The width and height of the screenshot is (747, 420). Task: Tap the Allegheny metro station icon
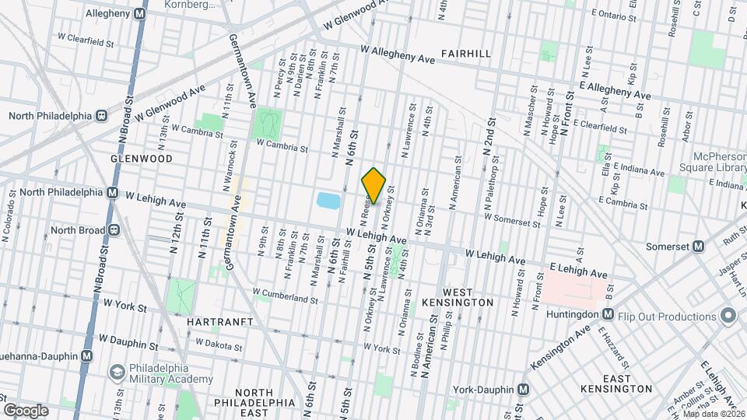[x=139, y=14]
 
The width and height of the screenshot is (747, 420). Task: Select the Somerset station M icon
[x=698, y=247]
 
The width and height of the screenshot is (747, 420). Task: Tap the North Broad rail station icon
[x=114, y=230]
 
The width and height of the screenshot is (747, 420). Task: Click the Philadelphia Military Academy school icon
[x=117, y=372]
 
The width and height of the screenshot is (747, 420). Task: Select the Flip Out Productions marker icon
[x=728, y=316]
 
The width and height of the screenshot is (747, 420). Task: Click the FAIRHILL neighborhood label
[x=465, y=54]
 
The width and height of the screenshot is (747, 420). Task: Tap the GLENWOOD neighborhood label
[x=141, y=158]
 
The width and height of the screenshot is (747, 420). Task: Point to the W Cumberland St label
[x=285, y=296]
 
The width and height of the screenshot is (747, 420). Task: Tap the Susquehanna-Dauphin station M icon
[x=86, y=355]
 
